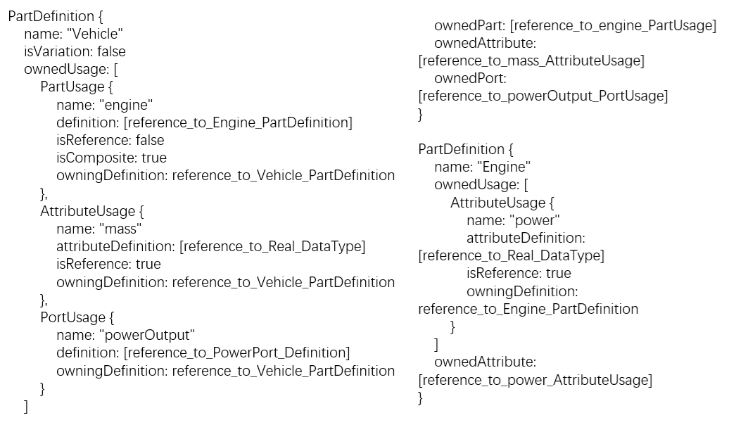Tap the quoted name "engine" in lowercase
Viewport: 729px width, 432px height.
click(127, 105)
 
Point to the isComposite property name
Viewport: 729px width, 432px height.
click(88, 158)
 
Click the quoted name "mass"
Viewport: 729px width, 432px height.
click(120, 229)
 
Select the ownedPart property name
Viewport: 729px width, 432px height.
click(469, 25)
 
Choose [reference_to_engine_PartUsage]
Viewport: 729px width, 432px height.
click(612, 25)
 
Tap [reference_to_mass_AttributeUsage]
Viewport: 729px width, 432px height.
click(531, 61)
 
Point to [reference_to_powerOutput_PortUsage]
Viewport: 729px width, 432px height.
click(543, 96)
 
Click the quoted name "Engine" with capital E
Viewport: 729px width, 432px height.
click(503, 167)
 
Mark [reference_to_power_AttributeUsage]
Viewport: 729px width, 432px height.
click(535, 380)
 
